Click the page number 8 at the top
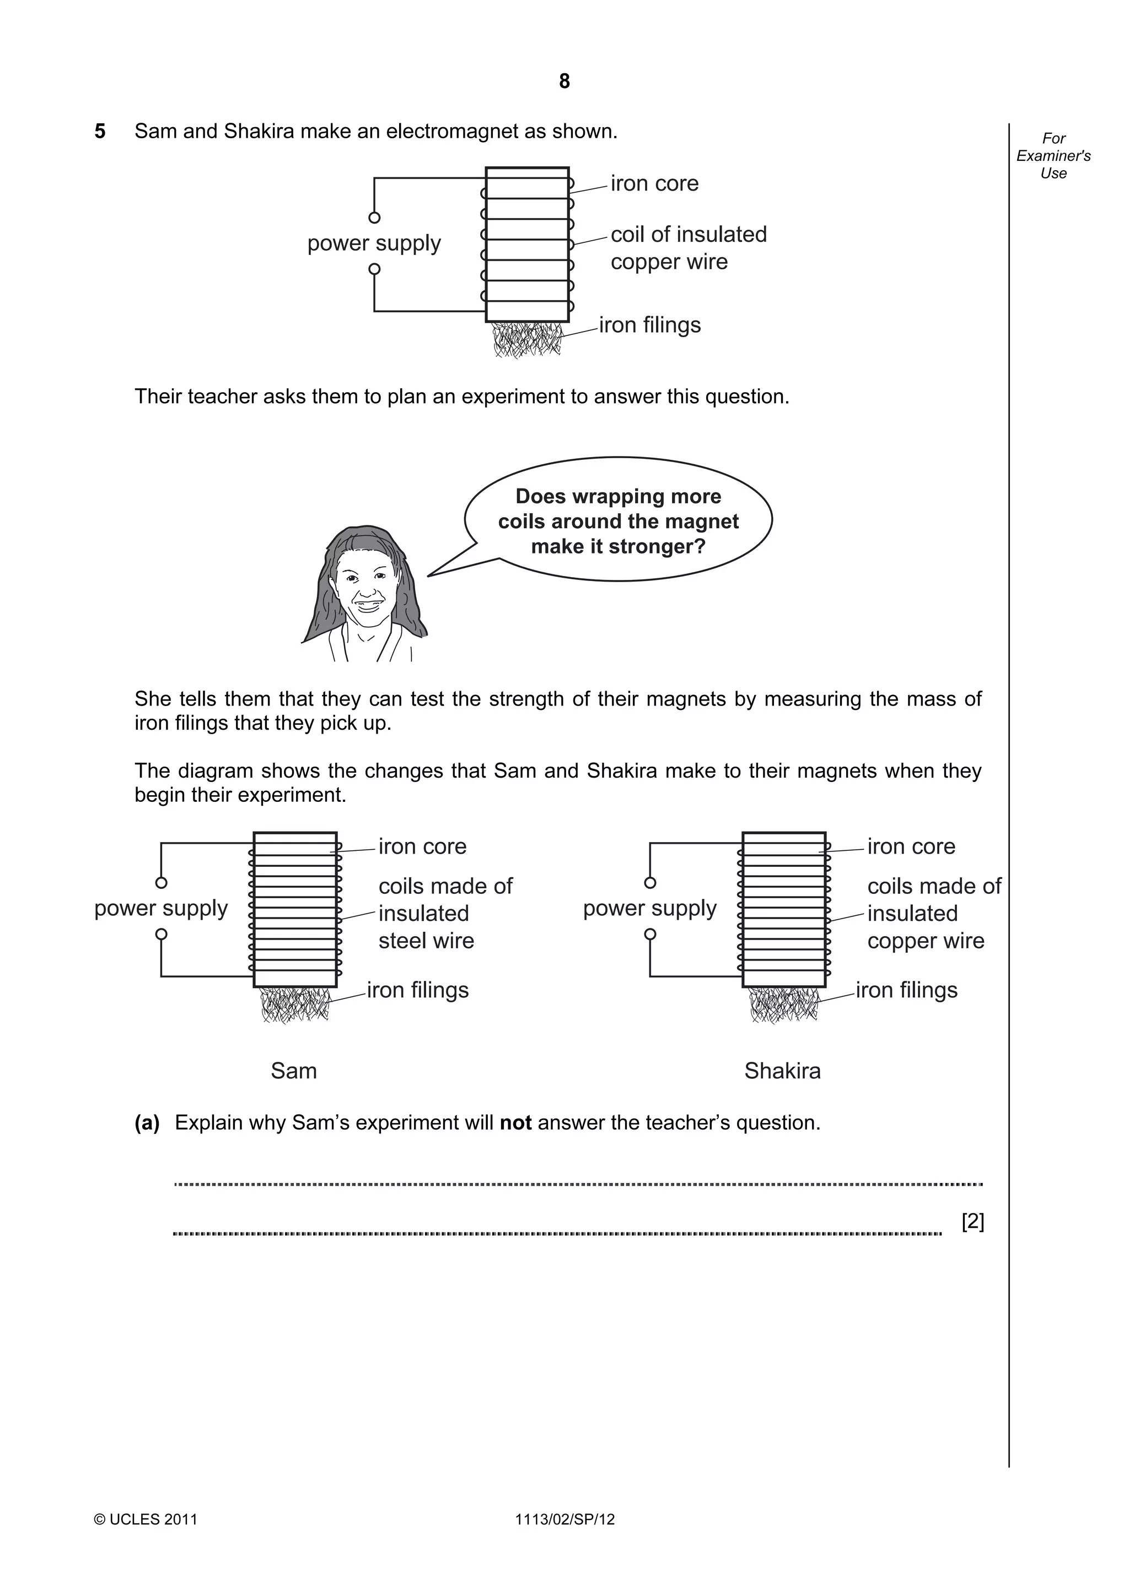tap(564, 82)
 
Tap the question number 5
tap(100, 132)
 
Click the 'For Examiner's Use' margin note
tap(1053, 156)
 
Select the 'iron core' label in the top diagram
tap(654, 183)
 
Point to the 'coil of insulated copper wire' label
tap(688, 248)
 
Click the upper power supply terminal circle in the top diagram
tap(374, 218)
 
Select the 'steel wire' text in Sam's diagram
tap(426, 941)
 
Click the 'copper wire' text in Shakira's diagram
tap(925, 941)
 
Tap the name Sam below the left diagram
tap(294, 1071)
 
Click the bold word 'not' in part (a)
tap(515, 1122)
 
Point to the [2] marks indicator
tap(972, 1222)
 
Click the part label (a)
tap(147, 1122)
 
